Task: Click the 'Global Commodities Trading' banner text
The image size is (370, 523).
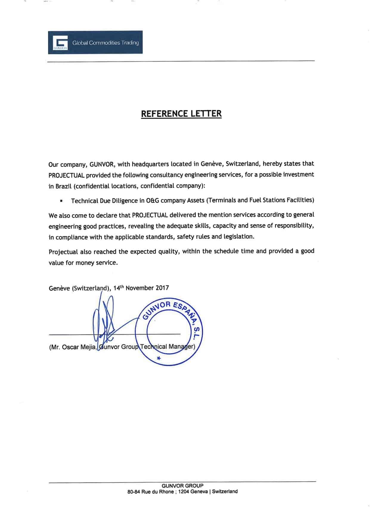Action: point(106,43)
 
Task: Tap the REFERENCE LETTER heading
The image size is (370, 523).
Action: point(181,114)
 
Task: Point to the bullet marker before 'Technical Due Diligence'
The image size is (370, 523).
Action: point(61,201)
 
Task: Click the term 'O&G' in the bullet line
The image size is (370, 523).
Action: point(153,201)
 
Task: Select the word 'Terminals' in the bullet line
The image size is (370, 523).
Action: point(222,200)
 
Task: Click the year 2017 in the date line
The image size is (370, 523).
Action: point(162,288)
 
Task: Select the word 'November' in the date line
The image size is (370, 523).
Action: point(139,288)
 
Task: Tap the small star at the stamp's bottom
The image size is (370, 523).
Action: point(159,358)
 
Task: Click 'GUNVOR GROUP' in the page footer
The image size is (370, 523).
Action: point(182,485)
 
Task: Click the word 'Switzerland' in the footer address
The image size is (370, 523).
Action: point(225,491)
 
